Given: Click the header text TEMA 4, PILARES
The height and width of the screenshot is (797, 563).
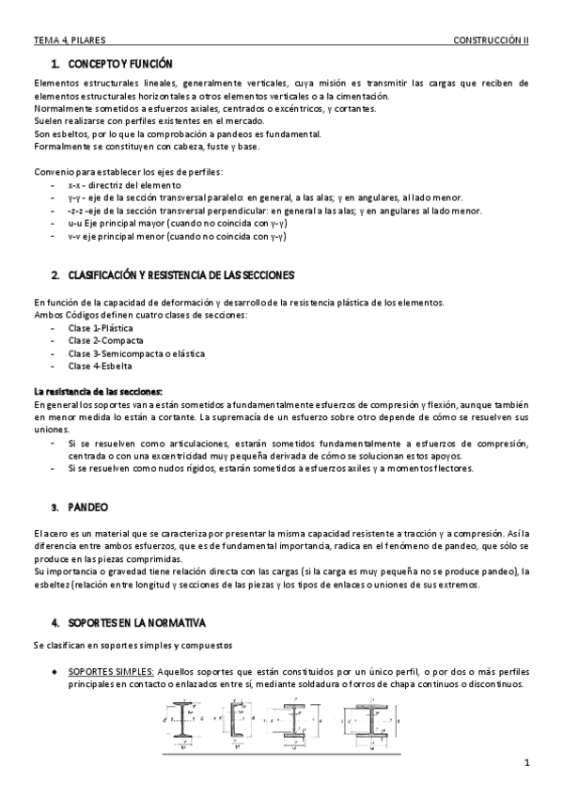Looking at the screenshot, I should pyautogui.click(x=69, y=41).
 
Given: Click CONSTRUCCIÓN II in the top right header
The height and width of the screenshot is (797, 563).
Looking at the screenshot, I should pyautogui.click(x=491, y=41).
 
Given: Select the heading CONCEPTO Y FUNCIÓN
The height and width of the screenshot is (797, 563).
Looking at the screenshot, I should pyautogui.click(x=119, y=64).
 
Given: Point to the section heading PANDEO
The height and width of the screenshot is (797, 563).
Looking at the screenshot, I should pyautogui.click(x=87, y=506).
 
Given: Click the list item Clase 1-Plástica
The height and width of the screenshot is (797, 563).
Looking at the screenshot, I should pyautogui.click(x=107, y=328).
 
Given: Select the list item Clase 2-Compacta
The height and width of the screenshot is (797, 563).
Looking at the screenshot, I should pyautogui.click(x=110, y=340).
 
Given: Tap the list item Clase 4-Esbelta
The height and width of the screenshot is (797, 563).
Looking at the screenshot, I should pyautogui.click(x=104, y=366).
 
